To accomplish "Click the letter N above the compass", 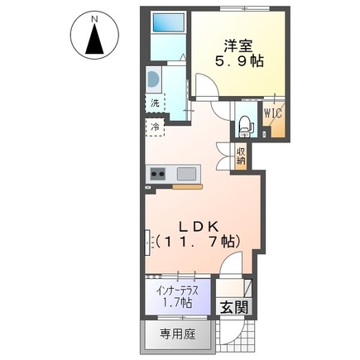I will point(95,17).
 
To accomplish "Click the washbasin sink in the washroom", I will point(153,79).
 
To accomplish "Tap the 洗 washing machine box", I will point(155,104).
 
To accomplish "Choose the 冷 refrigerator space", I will point(155,127).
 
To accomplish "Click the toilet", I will point(245,125).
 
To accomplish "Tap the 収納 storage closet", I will point(241,155).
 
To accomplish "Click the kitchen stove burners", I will point(157,174).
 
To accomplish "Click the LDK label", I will point(195,224).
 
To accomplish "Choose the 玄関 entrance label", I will point(234,307).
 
